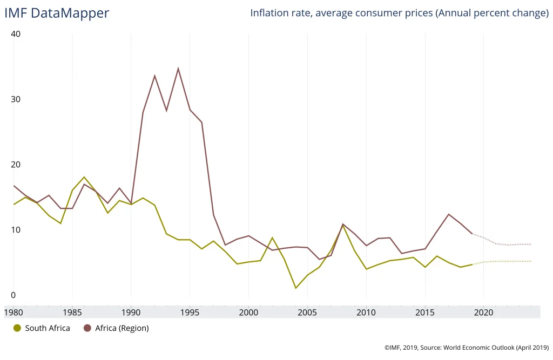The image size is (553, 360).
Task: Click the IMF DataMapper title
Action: pyautogui.click(x=57, y=13)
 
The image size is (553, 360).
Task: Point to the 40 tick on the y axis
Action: pyautogui.click(x=16, y=34)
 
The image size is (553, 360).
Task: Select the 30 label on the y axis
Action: pyautogui.click(x=16, y=99)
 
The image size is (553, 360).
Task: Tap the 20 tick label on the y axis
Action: pyautogui.click(x=16, y=165)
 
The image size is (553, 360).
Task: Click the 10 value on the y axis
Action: pyautogui.click(x=16, y=230)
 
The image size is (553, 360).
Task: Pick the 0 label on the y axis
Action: pyautogui.click(x=13, y=295)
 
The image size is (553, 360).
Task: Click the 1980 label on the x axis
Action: pyautogui.click(x=14, y=312)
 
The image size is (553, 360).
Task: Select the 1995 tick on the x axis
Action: pyautogui.click(x=190, y=312)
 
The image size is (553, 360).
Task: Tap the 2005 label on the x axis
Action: pyautogui.click(x=307, y=312)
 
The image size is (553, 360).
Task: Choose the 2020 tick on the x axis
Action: pyautogui.click(x=483, y=312)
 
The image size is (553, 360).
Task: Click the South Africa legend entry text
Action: pyautogui.click(x=48, y=328)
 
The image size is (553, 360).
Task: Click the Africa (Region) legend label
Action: pyautogui.click(x=122, y=328)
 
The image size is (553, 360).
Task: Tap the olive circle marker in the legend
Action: pyautogui.click(x=17, y=328)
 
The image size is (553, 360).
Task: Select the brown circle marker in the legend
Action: pyautogui.click(x=87, y=328)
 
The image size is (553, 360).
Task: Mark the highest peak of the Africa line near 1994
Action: pyautogui.click(x=178, y=69)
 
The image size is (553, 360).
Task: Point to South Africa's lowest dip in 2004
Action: pyautogui.click(x=296, y=288)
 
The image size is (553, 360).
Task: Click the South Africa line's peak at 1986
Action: pyautogui.click(x=84, y=177)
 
